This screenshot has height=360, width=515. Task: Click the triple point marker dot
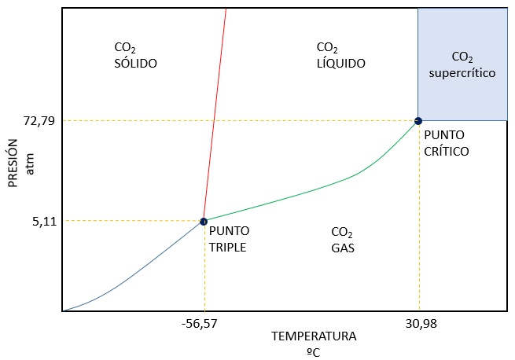click(x=204, y=222)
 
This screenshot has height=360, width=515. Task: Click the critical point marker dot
click(x=418, y=120)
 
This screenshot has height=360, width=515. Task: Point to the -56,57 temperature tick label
click(x=204, y=323)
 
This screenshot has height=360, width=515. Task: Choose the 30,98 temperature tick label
click(x=419, y=323)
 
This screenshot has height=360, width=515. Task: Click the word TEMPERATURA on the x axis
click(x=314, y=336)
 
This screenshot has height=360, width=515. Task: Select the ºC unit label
click(x=313, y=351)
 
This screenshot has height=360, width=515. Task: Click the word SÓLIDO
click(x=136, y=63)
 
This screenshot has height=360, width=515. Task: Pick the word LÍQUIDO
click(x=340, y=63)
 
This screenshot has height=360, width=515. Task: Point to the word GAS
click(x=343, y=248)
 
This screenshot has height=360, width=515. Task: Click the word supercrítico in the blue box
click(x=462, y=72)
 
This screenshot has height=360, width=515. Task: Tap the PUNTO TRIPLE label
click(x=229, y=239)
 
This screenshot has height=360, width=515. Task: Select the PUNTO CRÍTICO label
click(x=446, y=143)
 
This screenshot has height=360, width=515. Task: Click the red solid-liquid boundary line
click(x=215, y=118)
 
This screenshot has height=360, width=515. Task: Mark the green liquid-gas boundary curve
click(x=315, y=191)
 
